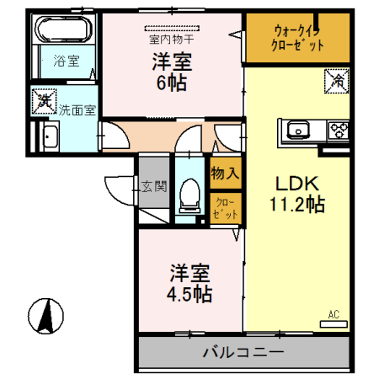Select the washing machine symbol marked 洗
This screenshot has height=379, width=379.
coord(45,102)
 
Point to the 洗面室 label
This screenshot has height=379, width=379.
coord(77,109)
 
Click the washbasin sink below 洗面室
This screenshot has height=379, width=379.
coord(48,136)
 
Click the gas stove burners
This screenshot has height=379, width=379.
coord(339,130)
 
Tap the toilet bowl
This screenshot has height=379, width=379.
coord(189,199)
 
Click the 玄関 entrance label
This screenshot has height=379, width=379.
coord(153,187)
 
